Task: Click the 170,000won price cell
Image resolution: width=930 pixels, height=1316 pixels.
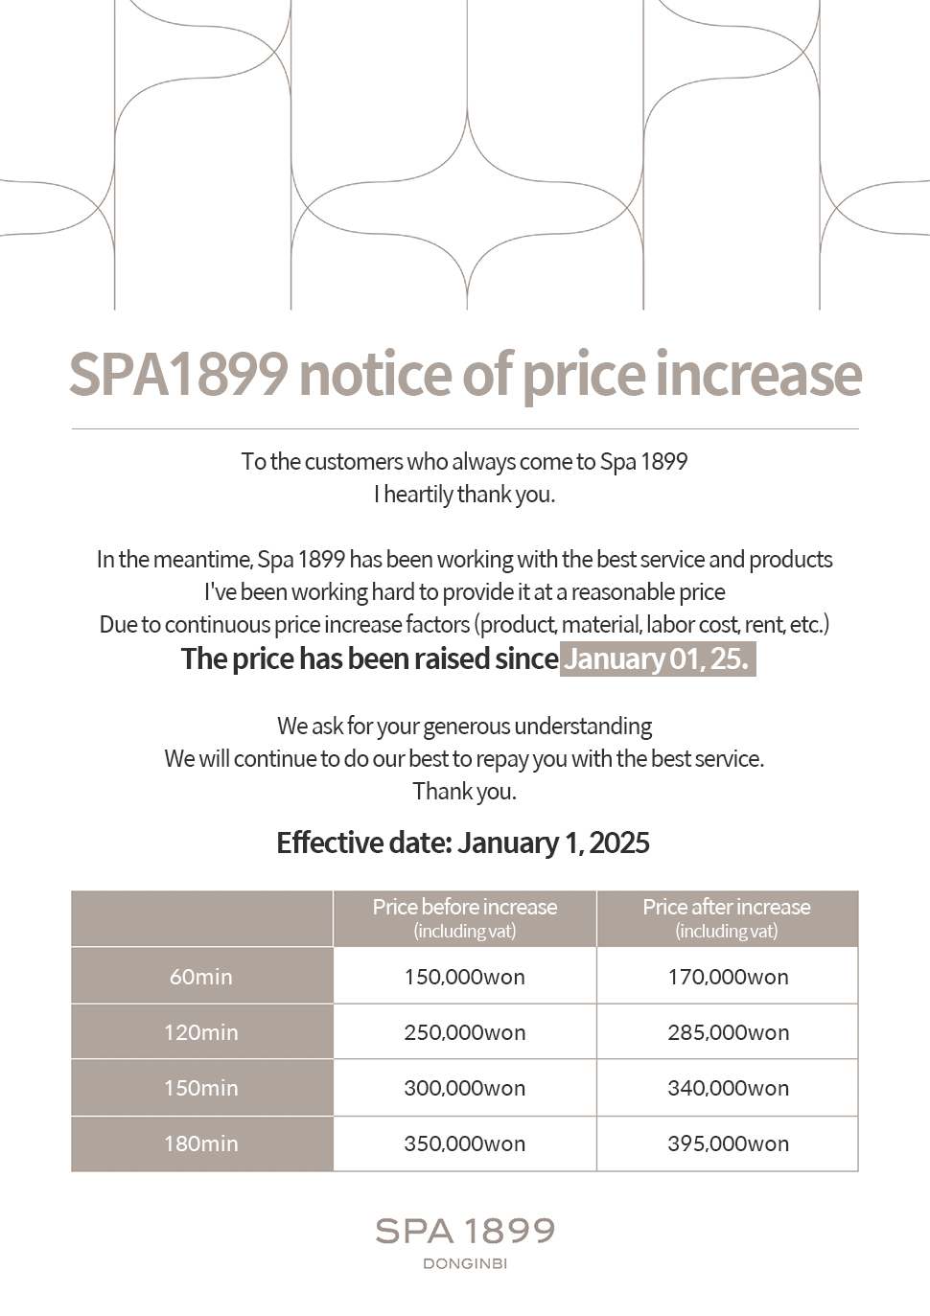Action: (x=728, y=977)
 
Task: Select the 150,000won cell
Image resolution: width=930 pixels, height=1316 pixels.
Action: (x=464, y=977)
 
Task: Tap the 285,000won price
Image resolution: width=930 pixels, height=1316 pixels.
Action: (x=728, y=1032)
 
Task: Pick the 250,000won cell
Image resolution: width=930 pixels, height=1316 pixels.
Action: (x=464, y=1032)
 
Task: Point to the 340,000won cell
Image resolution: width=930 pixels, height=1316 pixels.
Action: (x=728, y=1088)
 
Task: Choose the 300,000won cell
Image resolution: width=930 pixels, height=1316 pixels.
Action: (x=464, y=1088)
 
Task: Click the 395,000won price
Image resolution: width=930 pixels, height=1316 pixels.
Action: (x=728, y=1143)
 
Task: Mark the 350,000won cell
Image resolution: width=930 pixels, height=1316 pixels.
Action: (x=464, y=1143)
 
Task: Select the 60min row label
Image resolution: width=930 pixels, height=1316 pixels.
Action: (x=201, y=977)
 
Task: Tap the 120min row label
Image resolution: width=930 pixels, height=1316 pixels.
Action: (x=201, y=1032)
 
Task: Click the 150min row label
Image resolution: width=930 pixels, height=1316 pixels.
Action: (x=201, y=1088)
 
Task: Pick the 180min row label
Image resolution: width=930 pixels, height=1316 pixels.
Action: (x=201, y=1143)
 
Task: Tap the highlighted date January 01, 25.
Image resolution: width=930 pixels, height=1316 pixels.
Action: (x=658, y=659)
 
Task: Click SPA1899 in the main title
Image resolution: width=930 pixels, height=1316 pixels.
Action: (x=178, y=374)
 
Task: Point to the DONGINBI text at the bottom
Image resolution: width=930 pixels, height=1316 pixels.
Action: (x=465, y=1263)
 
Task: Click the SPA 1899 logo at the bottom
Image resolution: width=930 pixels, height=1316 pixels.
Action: (x=465, y=1231)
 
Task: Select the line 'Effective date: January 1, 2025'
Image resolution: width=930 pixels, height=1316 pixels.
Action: (x=463, y=843)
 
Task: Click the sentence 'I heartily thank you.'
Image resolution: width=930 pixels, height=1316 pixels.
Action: (x=465, y=494)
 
